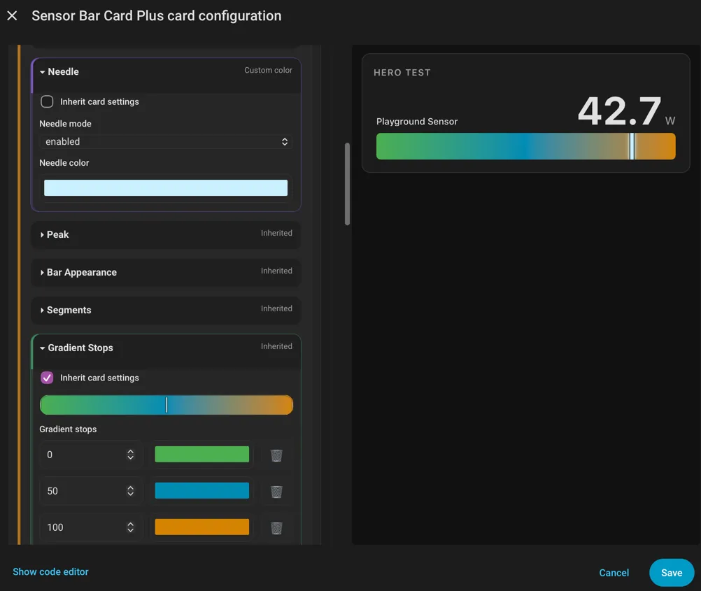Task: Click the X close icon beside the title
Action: coord(12,15)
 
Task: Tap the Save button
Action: coord(672,573)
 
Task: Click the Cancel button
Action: coord(614,573)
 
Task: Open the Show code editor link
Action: coord(50,572)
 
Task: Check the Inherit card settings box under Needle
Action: coord(47,101)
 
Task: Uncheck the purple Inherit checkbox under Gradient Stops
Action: coord(47,378)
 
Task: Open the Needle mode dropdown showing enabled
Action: coord(165,142)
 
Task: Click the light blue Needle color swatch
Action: coord(165,187)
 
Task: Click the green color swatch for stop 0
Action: coord(202,454)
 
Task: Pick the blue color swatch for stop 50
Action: coord(202,490)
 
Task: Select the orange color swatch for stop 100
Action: coord(202,527)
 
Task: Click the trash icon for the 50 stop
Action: coord(276,491)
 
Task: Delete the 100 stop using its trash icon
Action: coord(276,528)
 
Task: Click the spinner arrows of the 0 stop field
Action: coord(131,454)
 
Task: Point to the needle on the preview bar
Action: coord(632,146)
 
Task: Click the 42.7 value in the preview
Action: coord(619,111)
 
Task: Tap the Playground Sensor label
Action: coord(417,122)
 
